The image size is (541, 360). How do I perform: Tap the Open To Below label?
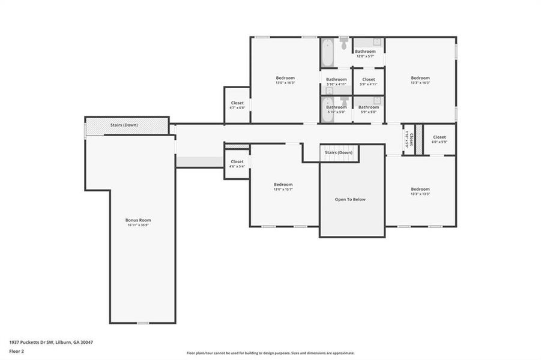(x=350, y=199)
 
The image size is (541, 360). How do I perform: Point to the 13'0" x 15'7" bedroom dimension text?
(x=283, y=190)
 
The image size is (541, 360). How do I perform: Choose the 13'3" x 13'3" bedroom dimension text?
(x=420, y=194)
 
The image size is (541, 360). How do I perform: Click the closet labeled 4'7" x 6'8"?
(x=237, y=106)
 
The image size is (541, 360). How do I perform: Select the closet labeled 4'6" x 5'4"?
(x=237, y=164)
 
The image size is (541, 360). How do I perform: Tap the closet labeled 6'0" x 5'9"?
(x=440, y=139)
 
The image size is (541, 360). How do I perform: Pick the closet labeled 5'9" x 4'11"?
(x=369, y=82)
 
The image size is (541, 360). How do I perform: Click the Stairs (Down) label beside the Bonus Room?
(x=124, y=125)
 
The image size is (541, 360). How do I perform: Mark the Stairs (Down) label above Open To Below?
(x=339, y=152)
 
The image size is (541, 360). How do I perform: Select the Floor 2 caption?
(x=17, y=352)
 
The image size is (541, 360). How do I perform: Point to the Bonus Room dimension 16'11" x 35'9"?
(x=138, y=225)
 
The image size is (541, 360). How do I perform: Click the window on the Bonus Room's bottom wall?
(x=142, y=323)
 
